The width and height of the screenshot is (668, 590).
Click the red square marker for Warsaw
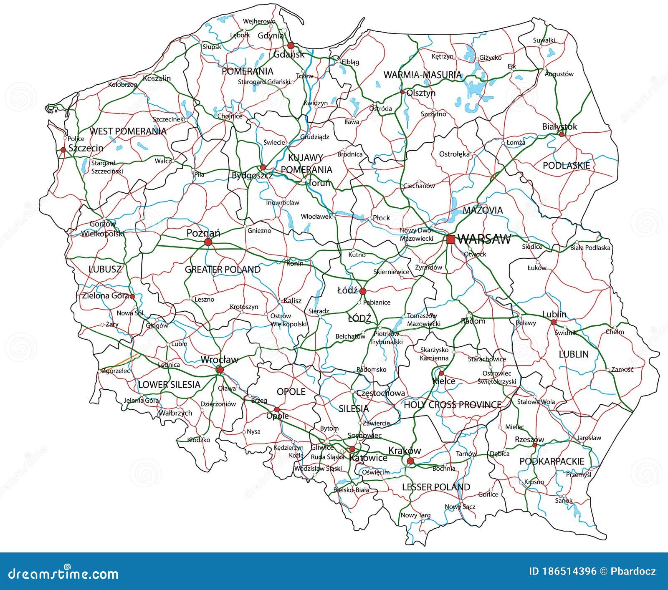[x=450, y=240]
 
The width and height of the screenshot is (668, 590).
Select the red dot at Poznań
[x=208, y=242]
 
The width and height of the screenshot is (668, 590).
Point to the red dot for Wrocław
[x=220, y=370]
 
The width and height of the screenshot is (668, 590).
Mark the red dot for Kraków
[x=410, y=461]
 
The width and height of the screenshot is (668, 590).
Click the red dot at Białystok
[x=562, y=134]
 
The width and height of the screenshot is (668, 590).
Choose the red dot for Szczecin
[x=63, y=149]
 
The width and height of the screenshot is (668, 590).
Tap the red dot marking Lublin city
[x=554, y=322]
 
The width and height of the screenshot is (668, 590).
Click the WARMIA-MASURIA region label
[x=423, y=75]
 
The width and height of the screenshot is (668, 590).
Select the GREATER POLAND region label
[x=223, y=270]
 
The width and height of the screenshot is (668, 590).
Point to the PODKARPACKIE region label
[x=552, y=461]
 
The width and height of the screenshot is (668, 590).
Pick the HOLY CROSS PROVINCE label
[x=453, y=405]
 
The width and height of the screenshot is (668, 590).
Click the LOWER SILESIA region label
[x=169, y=385]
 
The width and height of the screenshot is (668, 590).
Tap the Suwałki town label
[x=544, y=40]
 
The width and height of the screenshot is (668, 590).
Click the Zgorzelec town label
[x=116, y=371]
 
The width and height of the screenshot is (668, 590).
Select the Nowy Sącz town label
[x=460, y=507]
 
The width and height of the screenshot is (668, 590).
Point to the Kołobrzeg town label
[x=123, y=85]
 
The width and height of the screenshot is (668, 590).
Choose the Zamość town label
[x=622, y=369]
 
